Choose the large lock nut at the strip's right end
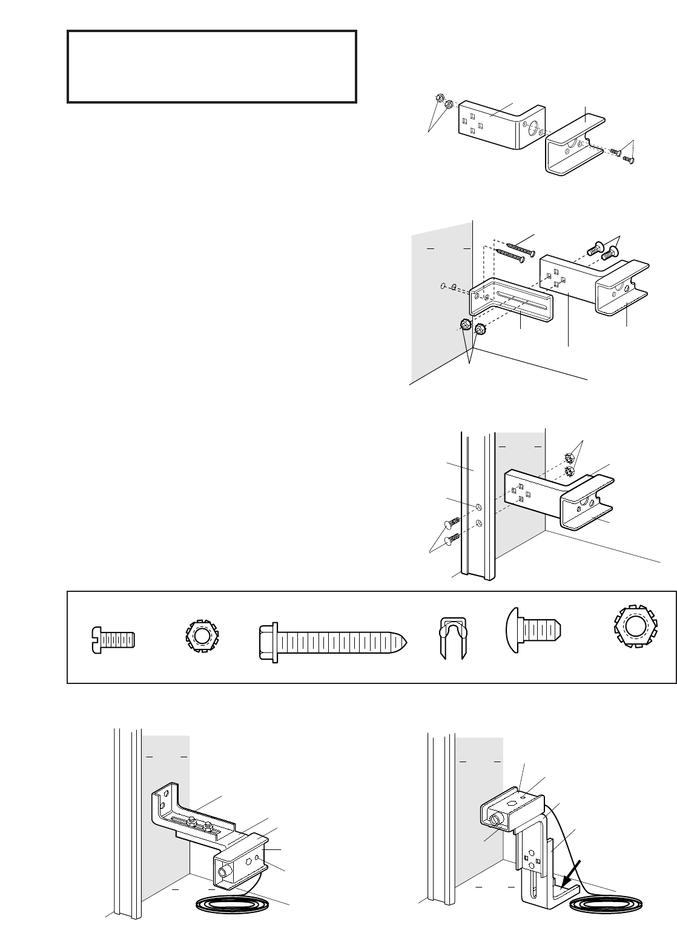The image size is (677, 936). point(634,638)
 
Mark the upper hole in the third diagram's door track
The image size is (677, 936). point(478,505)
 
